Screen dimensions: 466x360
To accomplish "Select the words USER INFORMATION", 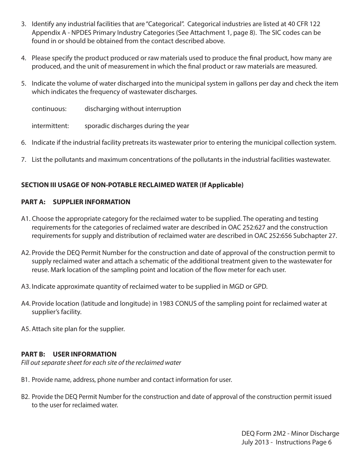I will pos(85,354).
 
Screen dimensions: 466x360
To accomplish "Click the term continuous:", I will pos(49,109).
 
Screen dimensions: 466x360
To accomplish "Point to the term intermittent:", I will pos(50,126).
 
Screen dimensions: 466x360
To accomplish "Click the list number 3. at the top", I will pos(23,24).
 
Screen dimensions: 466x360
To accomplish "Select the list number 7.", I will pos(23,160).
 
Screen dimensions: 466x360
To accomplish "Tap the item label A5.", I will pos(25,329).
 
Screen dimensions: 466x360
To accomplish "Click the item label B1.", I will pos(25,380).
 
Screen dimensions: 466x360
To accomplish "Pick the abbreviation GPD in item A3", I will pos(260,286).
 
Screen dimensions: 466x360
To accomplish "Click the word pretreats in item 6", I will pos(150,143).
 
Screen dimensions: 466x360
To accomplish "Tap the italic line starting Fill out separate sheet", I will pos(101,363).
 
